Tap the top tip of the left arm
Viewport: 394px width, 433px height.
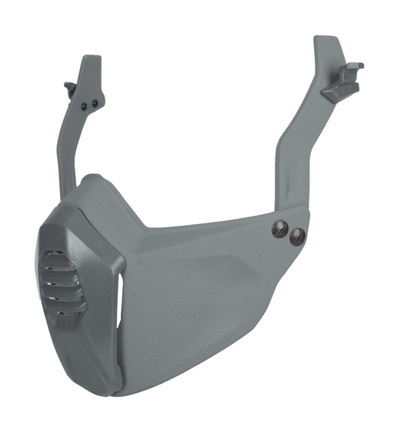(x=91, y=59)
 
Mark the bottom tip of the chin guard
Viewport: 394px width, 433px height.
(x=123, y=393)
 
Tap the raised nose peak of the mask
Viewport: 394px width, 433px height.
(x=92, y=179)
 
